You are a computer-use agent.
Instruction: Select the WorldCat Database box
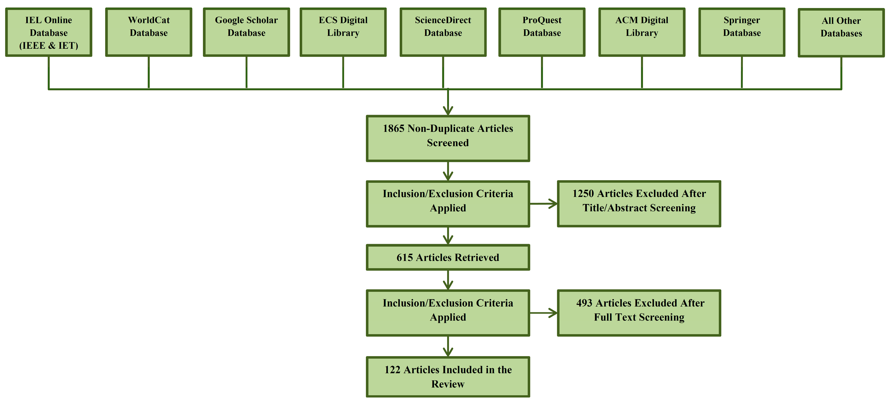pos(149,32)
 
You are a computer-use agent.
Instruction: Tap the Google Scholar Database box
pos(246,32)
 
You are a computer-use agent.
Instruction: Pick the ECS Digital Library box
pos(343,32)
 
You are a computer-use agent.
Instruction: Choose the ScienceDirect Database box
pos(443,32)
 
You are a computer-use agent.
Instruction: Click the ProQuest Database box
pos(542,32)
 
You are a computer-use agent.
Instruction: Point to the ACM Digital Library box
pos(642,32)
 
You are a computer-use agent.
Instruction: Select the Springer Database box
pos(742,32)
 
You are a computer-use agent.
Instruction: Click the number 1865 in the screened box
pos(393,128)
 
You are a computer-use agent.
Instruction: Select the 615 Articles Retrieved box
pos(448,257)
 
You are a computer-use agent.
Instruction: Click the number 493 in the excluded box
pos(584,303)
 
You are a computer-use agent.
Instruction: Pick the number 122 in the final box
pos(392,370)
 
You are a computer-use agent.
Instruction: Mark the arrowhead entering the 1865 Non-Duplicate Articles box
pos(448,110)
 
